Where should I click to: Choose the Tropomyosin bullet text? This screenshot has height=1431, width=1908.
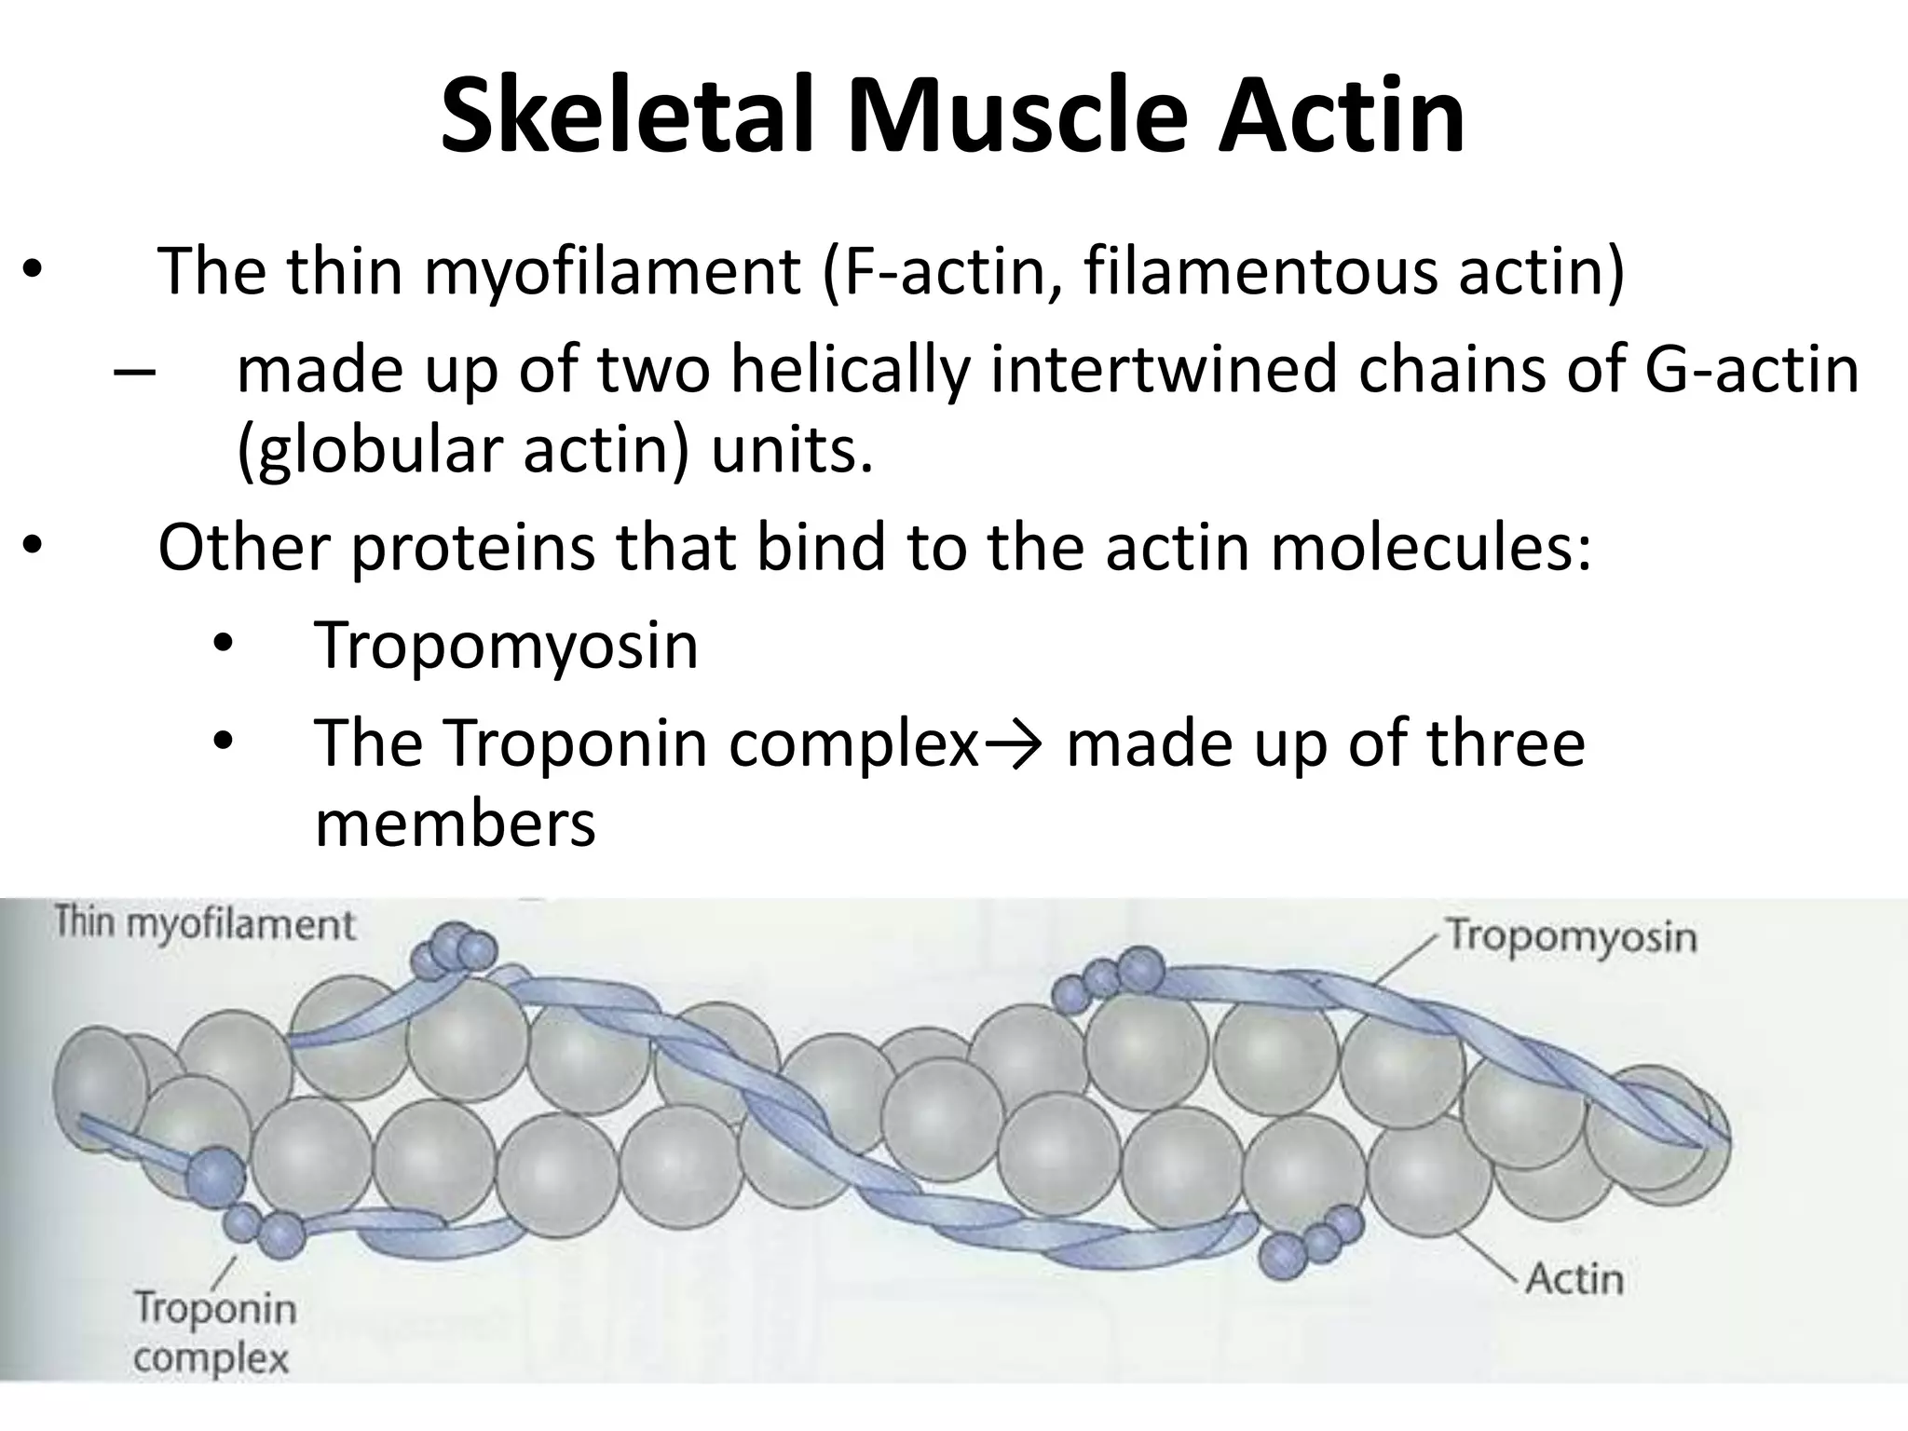point(507,645)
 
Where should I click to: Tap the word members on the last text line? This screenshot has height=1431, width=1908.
point(455,825)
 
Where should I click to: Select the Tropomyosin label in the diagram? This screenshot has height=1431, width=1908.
point(1571,935)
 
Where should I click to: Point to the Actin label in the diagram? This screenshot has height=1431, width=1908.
point(1574,1279)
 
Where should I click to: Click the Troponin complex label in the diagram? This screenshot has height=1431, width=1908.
point(213,1333)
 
